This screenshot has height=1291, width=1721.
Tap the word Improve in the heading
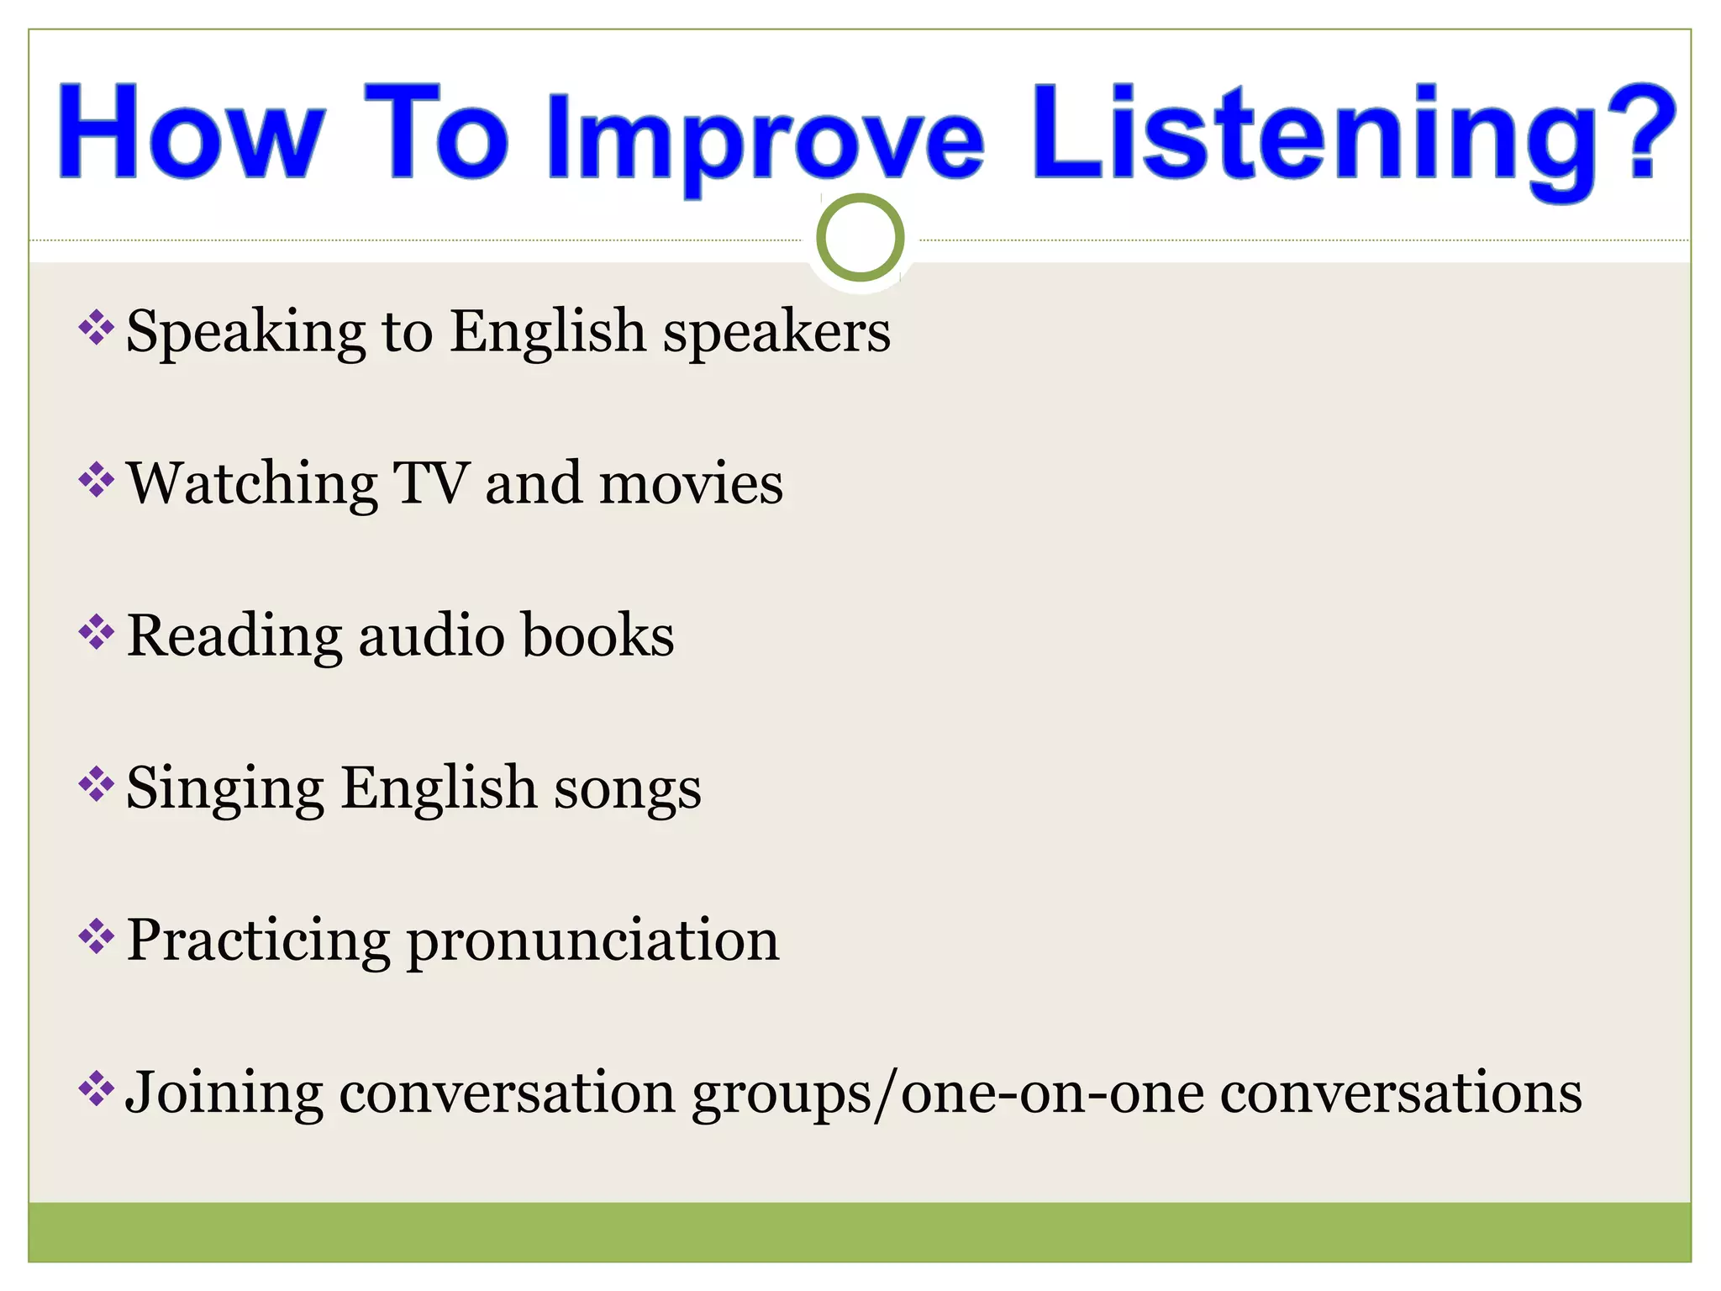pyautogui.click(x=765, y=139)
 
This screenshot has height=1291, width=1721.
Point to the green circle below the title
pyautogui.click(x=860, y=238)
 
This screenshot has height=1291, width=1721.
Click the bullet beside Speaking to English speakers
pyautogui.click(x=96, y=328)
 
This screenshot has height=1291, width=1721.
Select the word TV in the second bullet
pyautogui.click(x=431, y=483)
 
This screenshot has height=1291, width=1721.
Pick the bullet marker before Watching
pyautogui.click(x=96, y=480)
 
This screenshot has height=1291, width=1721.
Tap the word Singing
pyautogui.click(x=224, y=790)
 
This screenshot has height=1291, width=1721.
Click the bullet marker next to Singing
pyautogui.click(x=96, y=785)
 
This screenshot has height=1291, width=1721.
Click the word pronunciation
pyautogui.click(x=593, y=941)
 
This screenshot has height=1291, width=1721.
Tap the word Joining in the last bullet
pyautogui.click(x=224, y=1094)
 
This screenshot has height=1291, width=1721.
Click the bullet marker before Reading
pyautogui.click(x=96, y=632)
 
